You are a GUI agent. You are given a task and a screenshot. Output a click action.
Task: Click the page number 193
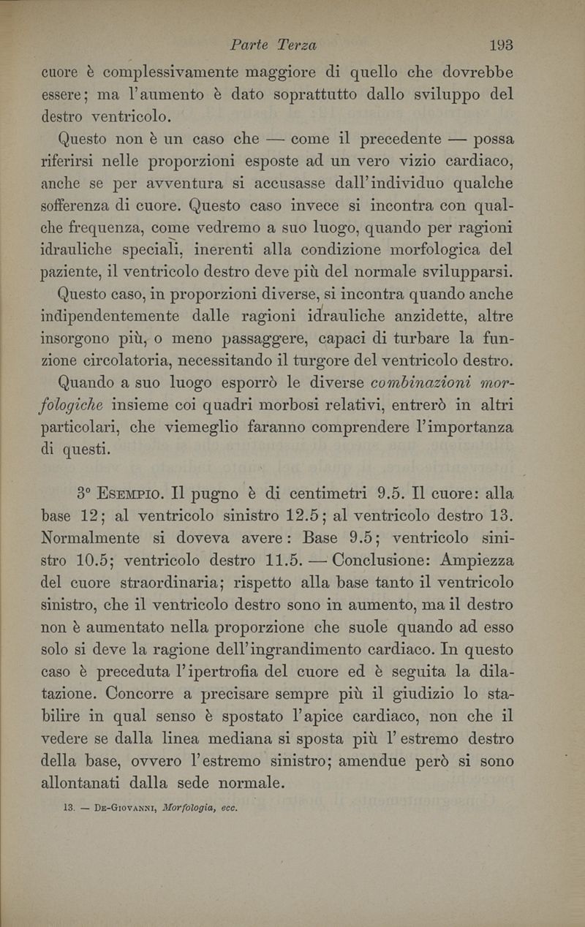click(502, 45)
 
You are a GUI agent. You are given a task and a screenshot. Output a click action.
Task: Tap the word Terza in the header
click(295, 45)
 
